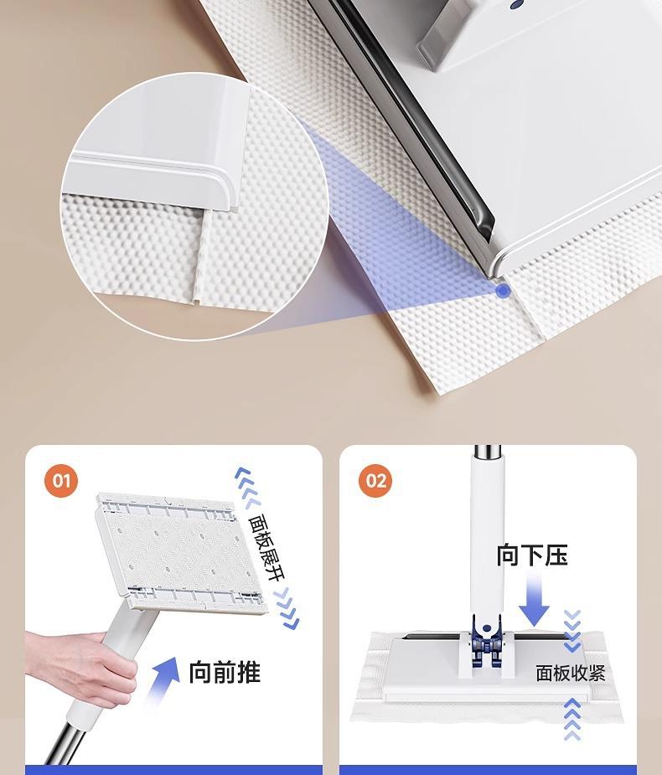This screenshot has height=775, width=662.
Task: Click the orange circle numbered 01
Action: pos(61,480)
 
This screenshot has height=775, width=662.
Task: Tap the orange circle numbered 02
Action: pos(375,480)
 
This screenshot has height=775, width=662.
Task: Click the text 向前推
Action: pos(225,672)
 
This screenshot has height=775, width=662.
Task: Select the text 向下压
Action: pos(532,555)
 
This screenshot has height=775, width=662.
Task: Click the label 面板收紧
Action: pos(571,673)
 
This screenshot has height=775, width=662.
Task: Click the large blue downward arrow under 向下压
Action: pos(534,601)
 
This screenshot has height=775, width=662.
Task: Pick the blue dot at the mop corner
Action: pos(504,291)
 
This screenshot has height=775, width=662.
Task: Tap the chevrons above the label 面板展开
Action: pos(247,486)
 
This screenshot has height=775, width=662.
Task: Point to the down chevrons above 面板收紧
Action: pos(572,631)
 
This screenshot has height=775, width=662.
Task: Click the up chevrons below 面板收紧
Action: pos(572,719)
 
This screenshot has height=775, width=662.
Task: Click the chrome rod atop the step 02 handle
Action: pos(487,452)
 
